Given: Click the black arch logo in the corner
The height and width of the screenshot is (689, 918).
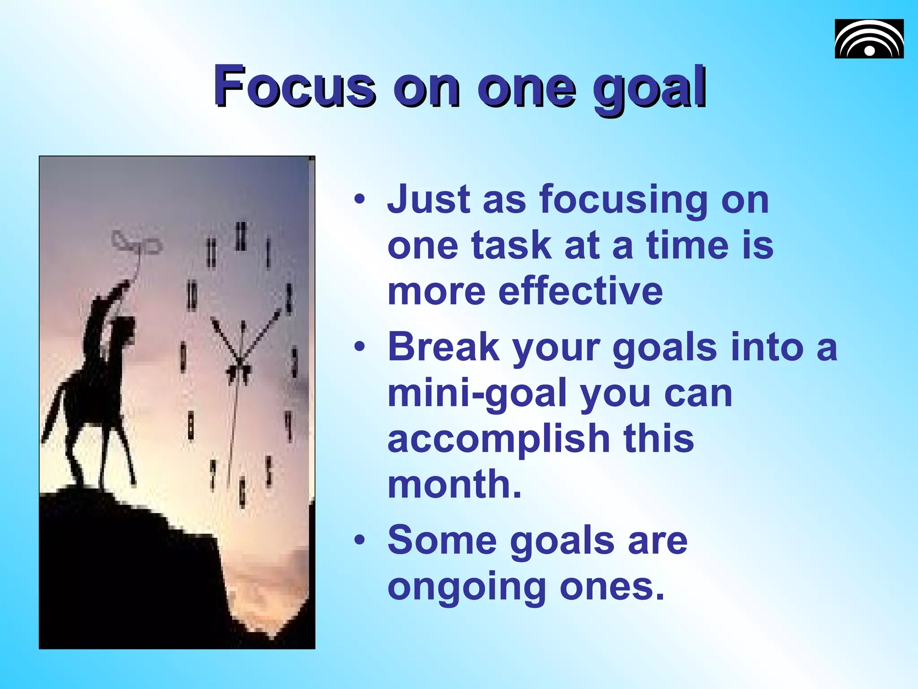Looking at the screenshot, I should [869, 39].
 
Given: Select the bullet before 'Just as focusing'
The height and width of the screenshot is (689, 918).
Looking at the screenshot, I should [359, 199].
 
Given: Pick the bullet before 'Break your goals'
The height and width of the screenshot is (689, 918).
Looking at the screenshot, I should [359, 347].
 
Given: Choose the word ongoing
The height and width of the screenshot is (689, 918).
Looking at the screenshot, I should [466, 588].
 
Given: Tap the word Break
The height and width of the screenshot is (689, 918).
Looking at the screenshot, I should [443, 347].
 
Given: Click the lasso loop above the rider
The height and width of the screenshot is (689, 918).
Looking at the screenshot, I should [137, 243].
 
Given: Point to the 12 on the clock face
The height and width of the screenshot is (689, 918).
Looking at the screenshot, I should [241, 236].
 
